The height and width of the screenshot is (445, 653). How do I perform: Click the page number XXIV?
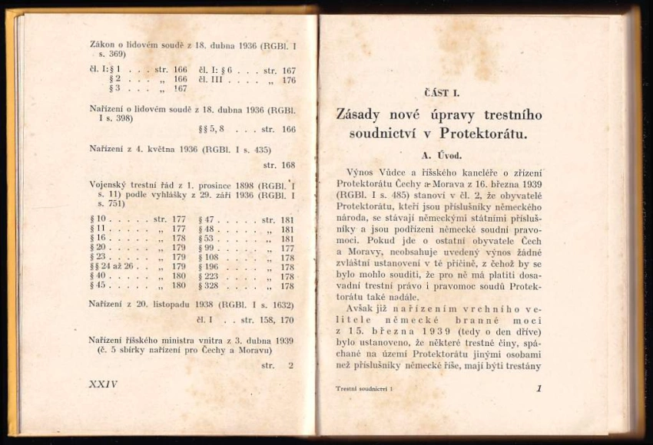click(104, 384)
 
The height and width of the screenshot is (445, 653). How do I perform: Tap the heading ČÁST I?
click(442, 93)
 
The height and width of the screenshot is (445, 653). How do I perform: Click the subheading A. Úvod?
click(440, 155)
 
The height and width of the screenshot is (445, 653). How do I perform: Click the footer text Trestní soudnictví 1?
click(364, 390)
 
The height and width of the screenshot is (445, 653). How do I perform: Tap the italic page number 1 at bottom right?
click(539, 389)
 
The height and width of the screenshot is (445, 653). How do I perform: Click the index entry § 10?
click(98, 220)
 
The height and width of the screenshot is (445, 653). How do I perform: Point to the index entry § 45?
click(98, 286)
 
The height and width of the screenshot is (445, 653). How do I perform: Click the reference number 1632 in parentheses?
click(283, 305)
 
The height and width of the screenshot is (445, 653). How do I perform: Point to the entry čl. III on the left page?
click(211, 80)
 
